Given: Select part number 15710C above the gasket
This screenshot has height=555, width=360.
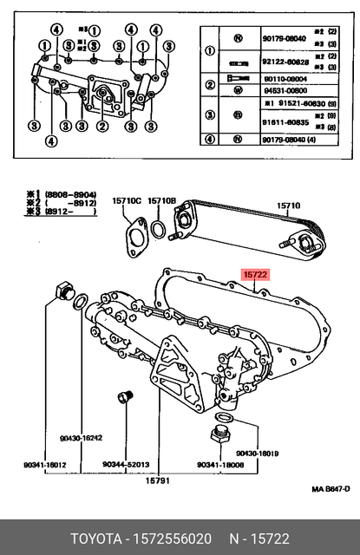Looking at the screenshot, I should [x=126, y=201].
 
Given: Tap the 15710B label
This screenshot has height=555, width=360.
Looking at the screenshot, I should [x=161, y=201].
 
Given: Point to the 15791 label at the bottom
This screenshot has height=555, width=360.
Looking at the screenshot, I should [x=157, y=480].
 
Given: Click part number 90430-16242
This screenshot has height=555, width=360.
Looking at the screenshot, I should [x=82, y=438].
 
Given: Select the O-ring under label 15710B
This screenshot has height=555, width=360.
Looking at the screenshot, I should [x=160, y=229].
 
